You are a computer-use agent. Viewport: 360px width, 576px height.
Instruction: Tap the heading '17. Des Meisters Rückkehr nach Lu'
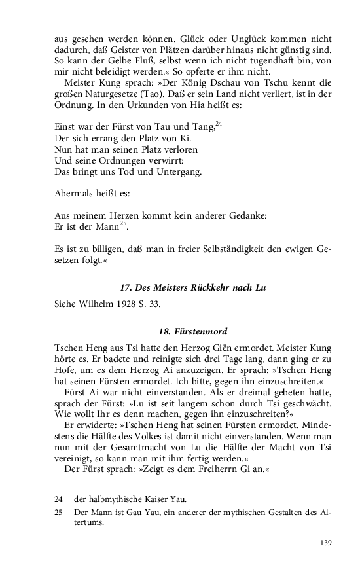coord(193,288)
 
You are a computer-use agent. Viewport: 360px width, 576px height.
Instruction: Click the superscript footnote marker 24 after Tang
coord(220,123)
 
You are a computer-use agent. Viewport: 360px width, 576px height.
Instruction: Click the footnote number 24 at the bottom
coord(60,499)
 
